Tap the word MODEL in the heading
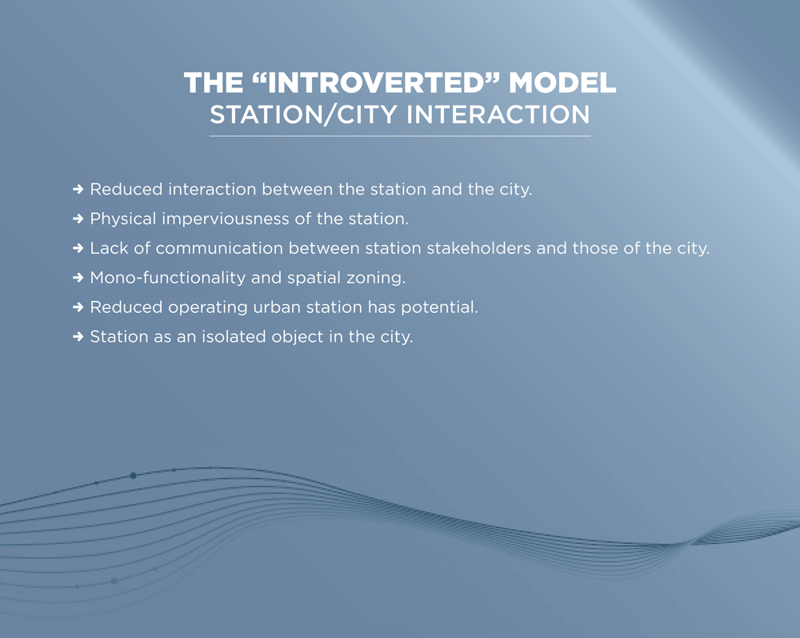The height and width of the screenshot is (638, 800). (562, 82)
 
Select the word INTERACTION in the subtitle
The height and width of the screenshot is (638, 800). (498, 114)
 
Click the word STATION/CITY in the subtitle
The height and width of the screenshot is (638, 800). (303, 114)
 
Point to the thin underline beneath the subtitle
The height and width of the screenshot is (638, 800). (399, 136)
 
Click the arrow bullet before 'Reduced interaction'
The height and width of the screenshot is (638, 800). (78, 190)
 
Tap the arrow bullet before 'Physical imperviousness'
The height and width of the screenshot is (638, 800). (78, 219)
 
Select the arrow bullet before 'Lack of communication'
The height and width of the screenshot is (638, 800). (78, 249)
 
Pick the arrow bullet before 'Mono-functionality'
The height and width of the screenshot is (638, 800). (78, 278)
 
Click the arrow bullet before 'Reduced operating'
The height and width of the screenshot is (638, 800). (78, 307)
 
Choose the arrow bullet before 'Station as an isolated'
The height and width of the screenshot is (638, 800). (78, 337)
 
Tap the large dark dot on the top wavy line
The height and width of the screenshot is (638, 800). (133, 475)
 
